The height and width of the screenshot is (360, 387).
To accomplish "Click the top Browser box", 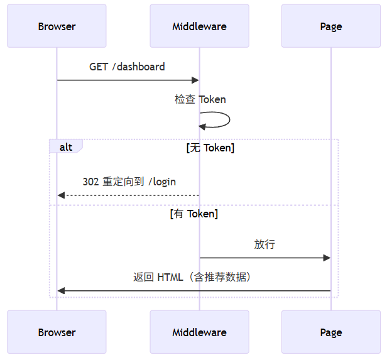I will coord(57,26).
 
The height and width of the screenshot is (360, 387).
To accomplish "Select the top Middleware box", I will coord(199,26).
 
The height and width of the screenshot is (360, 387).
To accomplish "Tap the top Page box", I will coord(330,26).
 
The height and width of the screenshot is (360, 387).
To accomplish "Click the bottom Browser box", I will coord(57,332).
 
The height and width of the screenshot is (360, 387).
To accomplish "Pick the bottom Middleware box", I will coord(199,332).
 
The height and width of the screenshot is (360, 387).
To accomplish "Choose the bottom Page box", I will coord(330,332).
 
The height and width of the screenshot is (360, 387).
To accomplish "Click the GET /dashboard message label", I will coord(127,67).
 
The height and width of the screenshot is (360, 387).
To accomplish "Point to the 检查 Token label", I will coord(200,99).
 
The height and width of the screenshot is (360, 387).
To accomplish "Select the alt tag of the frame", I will coord(65,147).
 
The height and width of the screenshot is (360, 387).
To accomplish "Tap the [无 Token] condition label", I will coord(210,148).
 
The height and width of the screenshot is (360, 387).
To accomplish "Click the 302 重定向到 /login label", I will coord(129,182).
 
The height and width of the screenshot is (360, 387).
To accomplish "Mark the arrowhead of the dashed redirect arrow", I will coord(60,195).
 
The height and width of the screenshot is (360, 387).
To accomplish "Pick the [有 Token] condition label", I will coord(194,214).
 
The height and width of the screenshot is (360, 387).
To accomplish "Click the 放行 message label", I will coord(264,244).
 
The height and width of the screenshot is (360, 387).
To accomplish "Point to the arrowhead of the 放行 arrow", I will coord(327,258).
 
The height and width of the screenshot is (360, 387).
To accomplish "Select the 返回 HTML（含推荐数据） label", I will coord(193,276).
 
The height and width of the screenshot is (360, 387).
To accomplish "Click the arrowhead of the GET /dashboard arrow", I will coord(195,80).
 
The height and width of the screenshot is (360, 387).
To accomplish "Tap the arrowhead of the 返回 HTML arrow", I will coord(60,290).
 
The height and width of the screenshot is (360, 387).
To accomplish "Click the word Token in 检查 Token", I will coord(212,99).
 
